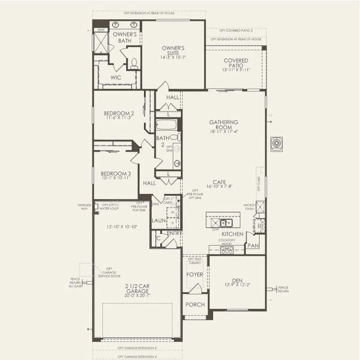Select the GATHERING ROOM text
click(x=223, y=125)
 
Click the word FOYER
click(x=194, y=275)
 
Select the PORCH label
click(x=195, y=304)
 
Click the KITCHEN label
click(x=232, y=233)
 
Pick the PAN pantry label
click(x=253, y=245)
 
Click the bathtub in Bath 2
click(x=166, y=125)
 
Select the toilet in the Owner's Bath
click(x=133, y=62)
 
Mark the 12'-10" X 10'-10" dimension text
click(x=122, y=226)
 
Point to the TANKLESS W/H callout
click(x=84, y=207)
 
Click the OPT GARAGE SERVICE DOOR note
click(x=109, y=273)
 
